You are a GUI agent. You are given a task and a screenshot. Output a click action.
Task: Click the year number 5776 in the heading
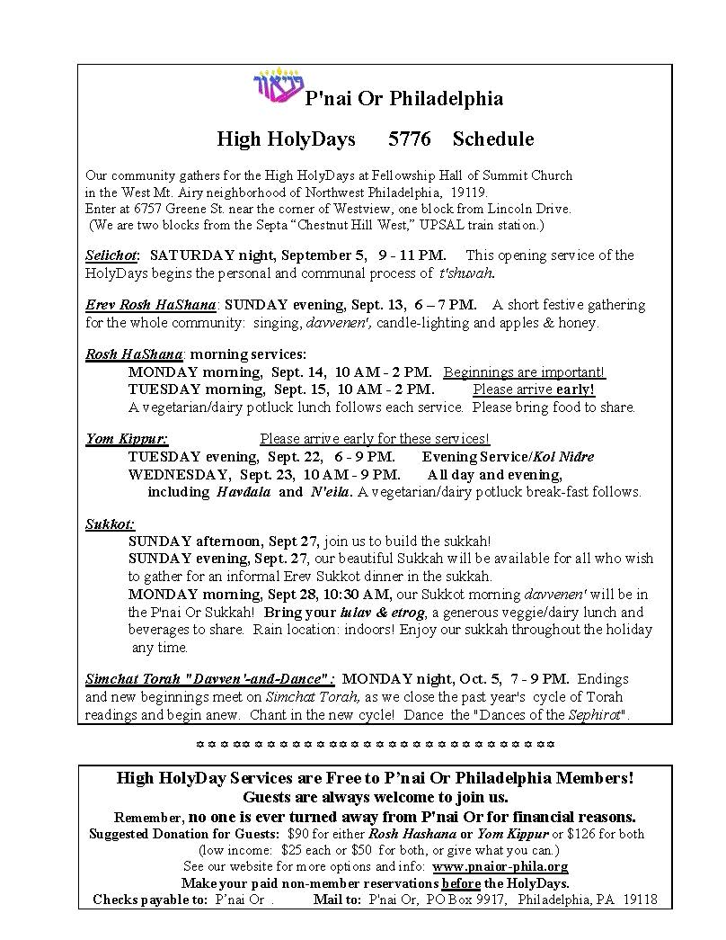409,139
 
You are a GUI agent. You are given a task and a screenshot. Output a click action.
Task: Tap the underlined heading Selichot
112,255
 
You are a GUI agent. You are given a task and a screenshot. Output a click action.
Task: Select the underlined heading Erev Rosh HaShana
150,305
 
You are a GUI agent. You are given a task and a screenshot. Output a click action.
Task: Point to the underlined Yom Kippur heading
127,439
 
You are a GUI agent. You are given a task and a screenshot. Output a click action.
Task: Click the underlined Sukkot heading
110,524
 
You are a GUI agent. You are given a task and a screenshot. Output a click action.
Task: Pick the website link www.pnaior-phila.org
500,866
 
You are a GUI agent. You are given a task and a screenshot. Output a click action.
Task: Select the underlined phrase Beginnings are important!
524,372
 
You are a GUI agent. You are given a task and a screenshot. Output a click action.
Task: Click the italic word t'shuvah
465,273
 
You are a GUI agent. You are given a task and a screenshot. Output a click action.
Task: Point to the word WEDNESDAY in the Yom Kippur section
178,474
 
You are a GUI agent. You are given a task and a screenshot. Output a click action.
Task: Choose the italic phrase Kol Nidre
563,457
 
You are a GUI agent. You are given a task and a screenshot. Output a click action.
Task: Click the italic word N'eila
330,492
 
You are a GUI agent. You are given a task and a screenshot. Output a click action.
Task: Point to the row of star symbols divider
375,745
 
